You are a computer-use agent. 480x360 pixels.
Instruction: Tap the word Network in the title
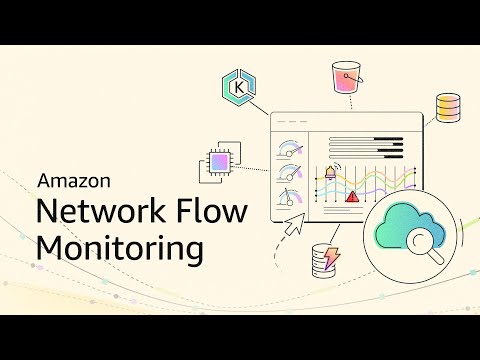[92, 212]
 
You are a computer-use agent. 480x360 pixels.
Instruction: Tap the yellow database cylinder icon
[449, 107]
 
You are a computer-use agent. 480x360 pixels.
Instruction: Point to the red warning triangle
[352, 198]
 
